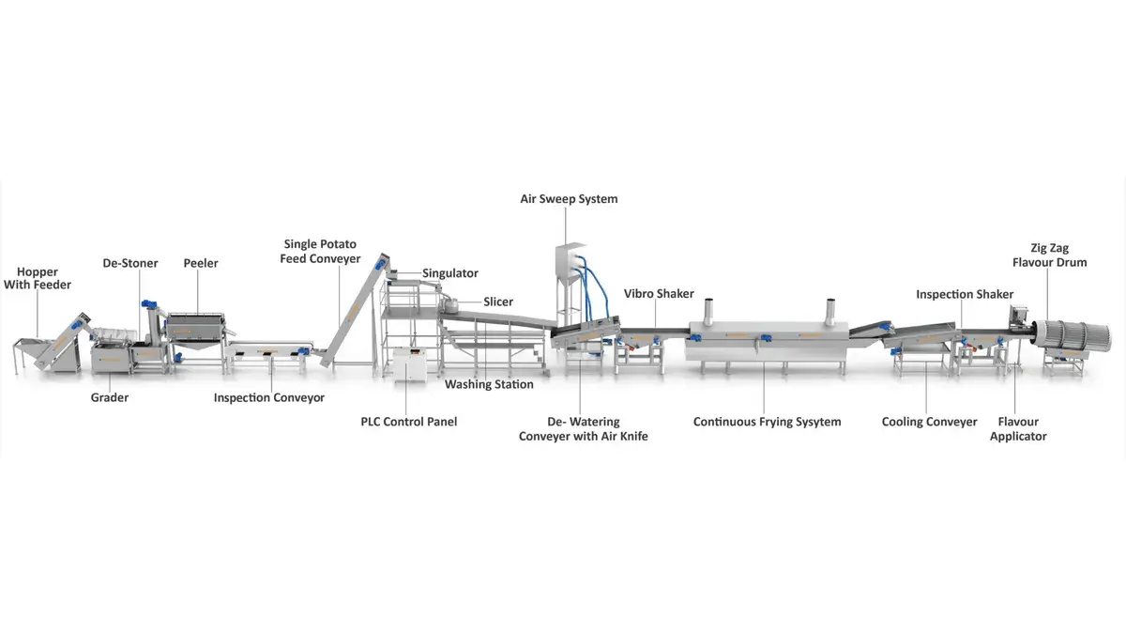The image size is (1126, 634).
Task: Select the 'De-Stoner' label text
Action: pos(130,263)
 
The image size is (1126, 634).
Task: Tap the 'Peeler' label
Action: pos(201,263)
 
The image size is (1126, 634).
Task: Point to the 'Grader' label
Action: pos(110,397)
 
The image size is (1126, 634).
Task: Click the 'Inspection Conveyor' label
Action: pos(269,397)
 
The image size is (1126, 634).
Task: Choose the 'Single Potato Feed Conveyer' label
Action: pos(320,252)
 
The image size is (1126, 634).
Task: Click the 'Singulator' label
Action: pos(450,273)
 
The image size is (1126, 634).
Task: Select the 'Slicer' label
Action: pos(498,302)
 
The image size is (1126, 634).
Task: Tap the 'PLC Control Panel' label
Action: pos(409,422)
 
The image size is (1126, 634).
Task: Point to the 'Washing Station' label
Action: pos(489,384)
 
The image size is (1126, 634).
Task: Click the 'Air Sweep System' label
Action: pos(570,199)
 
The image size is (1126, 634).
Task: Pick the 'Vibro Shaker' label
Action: pos(659,294)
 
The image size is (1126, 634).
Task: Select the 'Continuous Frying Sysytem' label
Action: pos(768,422)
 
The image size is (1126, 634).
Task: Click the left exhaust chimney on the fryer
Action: pos(709,310)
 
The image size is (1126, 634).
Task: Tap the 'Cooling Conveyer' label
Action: pos(930,422)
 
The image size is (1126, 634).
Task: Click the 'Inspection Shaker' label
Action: pos(965,294)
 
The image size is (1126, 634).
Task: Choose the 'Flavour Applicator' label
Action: pos(1018,428)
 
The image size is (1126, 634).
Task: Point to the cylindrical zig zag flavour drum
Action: pos(1074,336)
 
